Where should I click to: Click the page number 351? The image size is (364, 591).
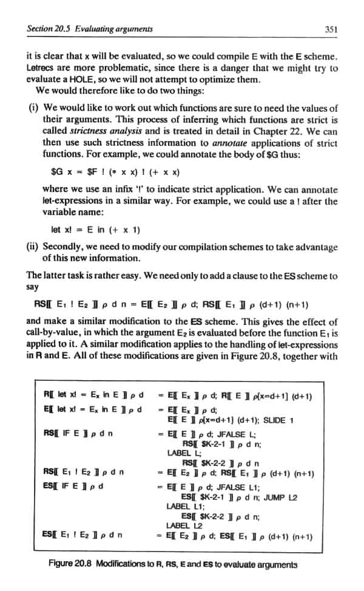tap(331, 29)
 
